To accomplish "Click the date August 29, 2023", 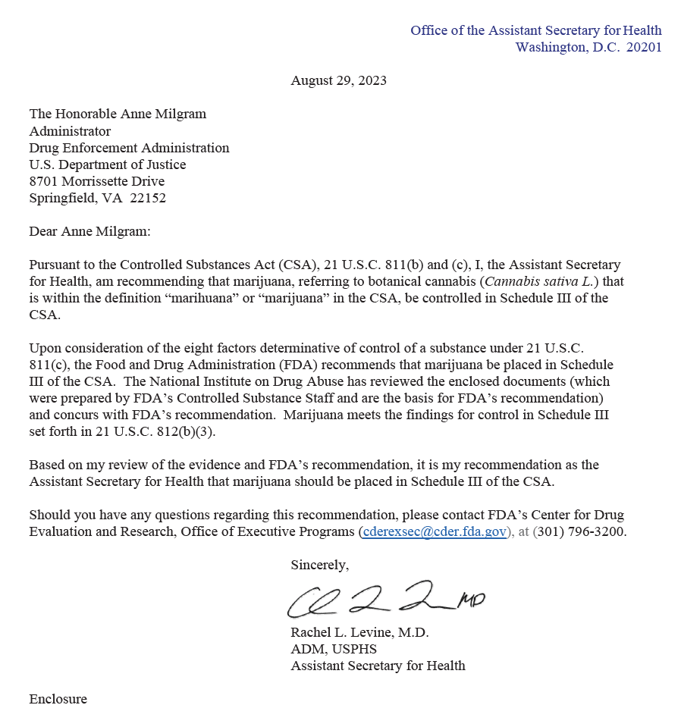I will tap(338, 80).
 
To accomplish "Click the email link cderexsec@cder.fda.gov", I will tap(435, 531).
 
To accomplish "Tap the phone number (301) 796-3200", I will tap(580, 531).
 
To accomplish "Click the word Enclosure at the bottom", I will tap(58, 699).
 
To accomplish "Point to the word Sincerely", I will tap(319, 565).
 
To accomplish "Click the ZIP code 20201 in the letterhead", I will tap(644, 47).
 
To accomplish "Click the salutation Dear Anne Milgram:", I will tap(89, 231).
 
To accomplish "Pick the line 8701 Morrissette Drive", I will tap(96, 181).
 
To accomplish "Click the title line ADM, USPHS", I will tap(333, 649).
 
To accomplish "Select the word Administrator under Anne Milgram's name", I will tap(70, 131).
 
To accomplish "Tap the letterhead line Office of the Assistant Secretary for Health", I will tap(535, 30).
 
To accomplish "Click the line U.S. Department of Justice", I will tap(107, 165).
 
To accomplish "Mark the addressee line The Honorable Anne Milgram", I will tap(118, 114).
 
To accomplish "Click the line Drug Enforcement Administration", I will tap(129, 148).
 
